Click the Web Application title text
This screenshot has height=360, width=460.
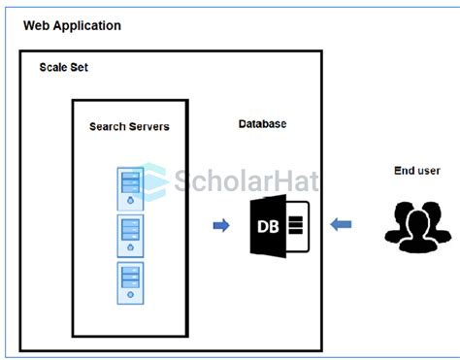tap(73, 25)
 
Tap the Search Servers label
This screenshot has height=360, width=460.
tap(129, 126)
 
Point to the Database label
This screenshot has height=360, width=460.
tap(262, 124)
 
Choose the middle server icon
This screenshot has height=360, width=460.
tap(129, 234)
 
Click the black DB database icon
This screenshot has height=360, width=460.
tap(279, 226)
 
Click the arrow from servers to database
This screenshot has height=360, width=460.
tap(221, 226)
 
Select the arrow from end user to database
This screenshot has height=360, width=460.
tap(341, 226)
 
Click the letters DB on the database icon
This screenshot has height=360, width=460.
tap(268, 226)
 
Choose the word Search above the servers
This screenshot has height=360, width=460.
tap(109, 126)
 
